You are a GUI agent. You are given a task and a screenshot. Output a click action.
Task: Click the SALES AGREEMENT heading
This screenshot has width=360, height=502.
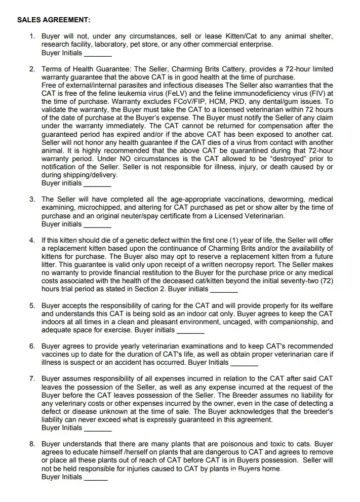(x=54, y=20)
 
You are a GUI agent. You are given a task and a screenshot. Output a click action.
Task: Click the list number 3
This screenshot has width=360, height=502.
(x=32, y=199)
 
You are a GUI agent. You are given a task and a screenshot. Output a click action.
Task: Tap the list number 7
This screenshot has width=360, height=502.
(x=32, y=378)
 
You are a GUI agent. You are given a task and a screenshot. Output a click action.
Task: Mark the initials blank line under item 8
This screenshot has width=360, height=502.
(x=96, y=477)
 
